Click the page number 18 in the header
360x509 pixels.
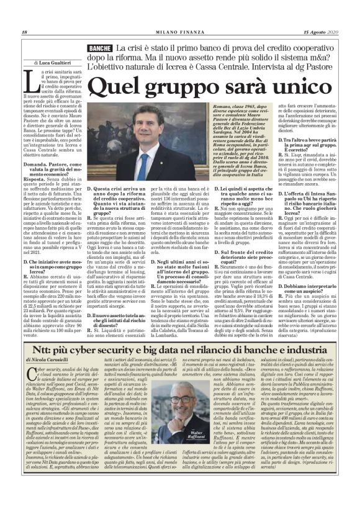tap(24, 32)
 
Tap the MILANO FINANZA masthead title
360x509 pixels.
tap(179, 32)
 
